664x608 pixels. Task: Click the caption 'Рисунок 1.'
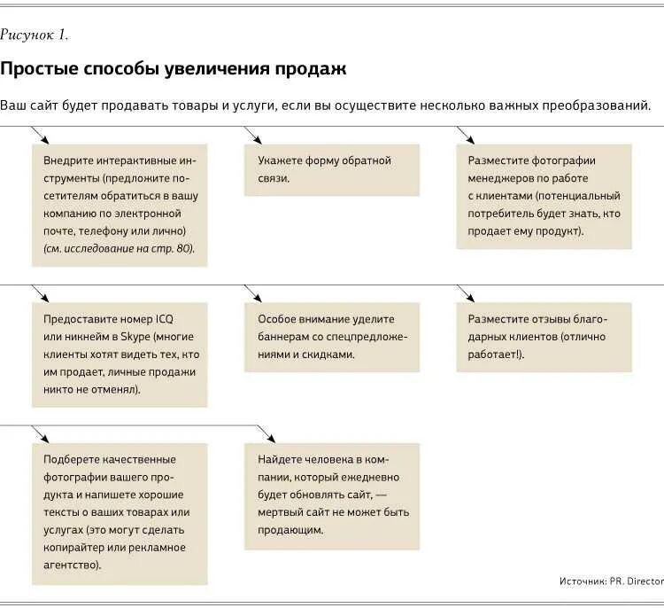pyautogui.click(x=35, y=35)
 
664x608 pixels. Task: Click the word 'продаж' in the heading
pyautogui.click(x=313, y=68)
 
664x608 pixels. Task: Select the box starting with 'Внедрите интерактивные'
pyautogui.click(x=120, y=205)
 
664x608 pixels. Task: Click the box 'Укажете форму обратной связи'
pyautogui.click(x=332, y=169)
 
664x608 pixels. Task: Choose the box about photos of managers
pyautogui.click(x=544, y=196)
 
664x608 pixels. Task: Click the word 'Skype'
pyautogui.click(x=134, y=337)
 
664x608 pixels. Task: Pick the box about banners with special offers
pyautogui.click(x=332, y=337)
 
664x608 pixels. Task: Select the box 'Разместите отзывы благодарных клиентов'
pyautogui.click(x=544, y=337)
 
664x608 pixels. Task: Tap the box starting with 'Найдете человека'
pyautogui.click(x=332, y=495)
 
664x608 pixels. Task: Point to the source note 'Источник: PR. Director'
pyautogui.click(x=611, y=581)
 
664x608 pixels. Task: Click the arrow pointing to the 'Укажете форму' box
pyautogui.click(x=252, y=135)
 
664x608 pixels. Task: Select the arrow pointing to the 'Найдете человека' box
pyautogui.click(x=266, y=434)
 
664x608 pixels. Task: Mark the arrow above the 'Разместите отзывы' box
pyautogui.click(x=465, y=292)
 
